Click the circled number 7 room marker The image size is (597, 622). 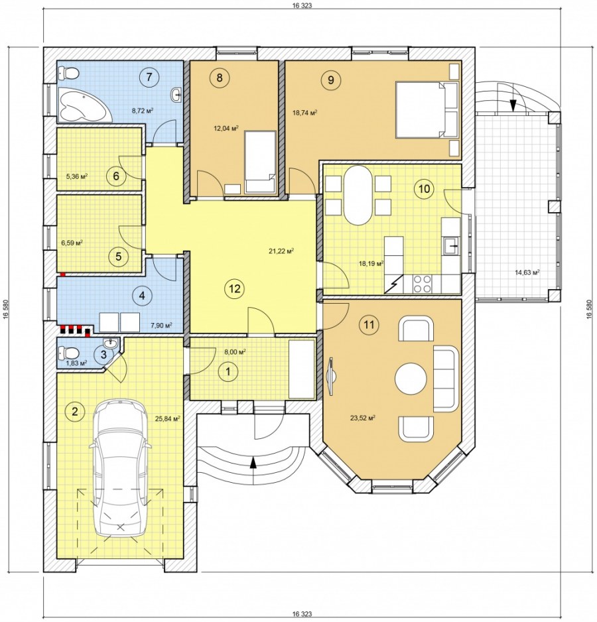pos(149,76)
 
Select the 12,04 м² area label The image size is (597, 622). pos(226,128)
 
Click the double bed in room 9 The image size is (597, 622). pos(427,110)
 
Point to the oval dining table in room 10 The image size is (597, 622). pos(358,196)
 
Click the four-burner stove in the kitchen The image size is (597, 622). pos(423,283)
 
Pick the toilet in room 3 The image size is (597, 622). pos(67,352)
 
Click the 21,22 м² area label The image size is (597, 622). pos(281,251)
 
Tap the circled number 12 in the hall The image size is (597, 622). pos(235,288)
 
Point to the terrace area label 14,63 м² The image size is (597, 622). pos(527,272)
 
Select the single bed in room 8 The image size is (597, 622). pos(260,162)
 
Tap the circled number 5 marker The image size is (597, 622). pos(118,256)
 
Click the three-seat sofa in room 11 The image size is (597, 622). pos(446,379)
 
